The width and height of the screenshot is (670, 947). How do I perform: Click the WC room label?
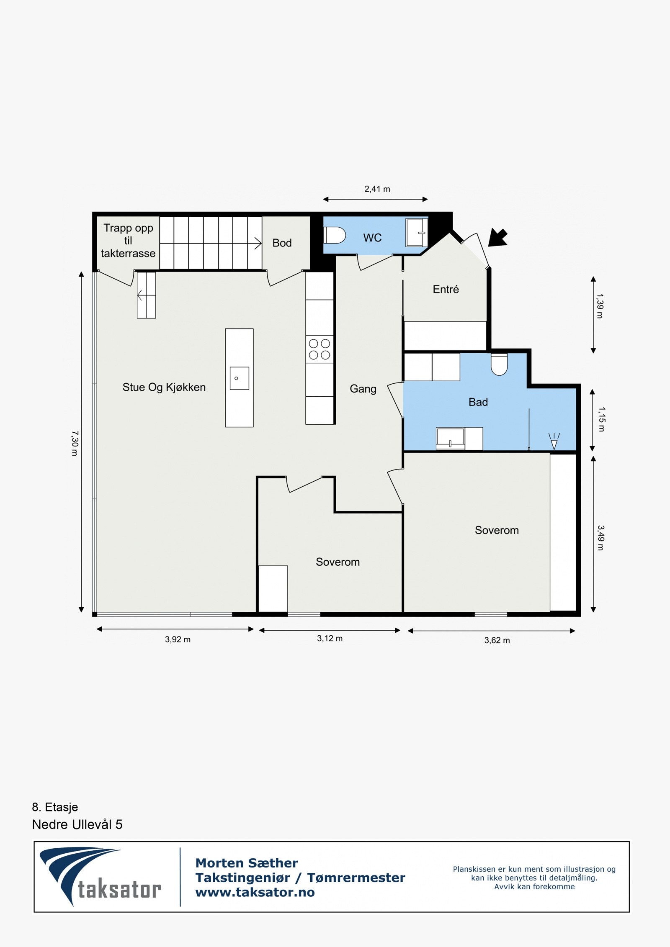[372, 238]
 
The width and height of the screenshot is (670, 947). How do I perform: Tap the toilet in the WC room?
[335, 235]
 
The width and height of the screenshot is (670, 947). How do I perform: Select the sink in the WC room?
[416, 232]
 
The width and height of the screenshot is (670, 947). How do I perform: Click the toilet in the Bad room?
[499, 364]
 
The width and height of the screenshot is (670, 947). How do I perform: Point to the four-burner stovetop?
[320, 349]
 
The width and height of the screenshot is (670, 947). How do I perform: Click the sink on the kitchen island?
[240, 378]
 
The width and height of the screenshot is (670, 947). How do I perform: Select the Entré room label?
[446, 289]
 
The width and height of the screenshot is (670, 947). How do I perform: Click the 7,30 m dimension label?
[75, 443]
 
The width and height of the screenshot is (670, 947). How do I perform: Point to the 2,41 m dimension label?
[377, 189]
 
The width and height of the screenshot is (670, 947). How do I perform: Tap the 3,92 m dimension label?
[178, 639]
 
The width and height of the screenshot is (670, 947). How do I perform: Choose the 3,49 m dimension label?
[600, 538]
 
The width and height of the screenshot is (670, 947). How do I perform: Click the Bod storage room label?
[282, 243]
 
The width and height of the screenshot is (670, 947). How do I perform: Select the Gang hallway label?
[363, 389]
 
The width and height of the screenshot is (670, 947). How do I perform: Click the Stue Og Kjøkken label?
[164, 387]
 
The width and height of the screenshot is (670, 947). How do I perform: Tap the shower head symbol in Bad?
[554, 441]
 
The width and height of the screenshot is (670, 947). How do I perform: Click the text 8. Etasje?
[55, 807]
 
